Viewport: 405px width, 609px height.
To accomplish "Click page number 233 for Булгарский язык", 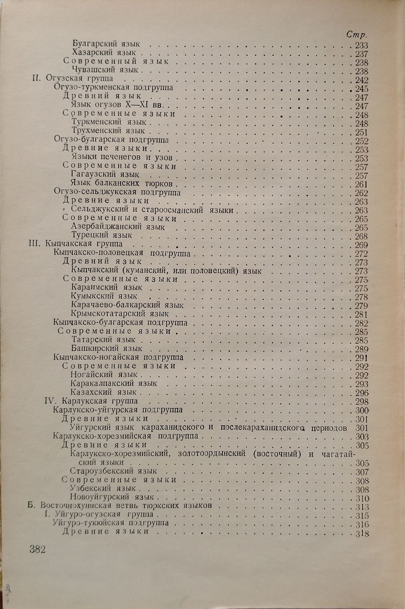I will (361, 46).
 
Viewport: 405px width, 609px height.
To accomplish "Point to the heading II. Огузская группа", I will (72, 79).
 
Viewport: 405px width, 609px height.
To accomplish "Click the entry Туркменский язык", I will (109, 122).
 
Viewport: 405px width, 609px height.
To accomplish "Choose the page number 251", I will (361, 133).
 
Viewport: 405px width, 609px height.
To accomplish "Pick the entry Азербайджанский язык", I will (118, 227).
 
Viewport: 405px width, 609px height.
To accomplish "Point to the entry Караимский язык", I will (107, 287).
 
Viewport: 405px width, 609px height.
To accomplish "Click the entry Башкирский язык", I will (107, 348).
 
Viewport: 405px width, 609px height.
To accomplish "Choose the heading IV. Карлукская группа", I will (91, 401).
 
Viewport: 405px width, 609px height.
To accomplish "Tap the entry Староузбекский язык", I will (113, 471).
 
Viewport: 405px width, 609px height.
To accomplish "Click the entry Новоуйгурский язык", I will (112, 497).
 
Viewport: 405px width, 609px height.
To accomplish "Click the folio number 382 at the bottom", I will (38, 550).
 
